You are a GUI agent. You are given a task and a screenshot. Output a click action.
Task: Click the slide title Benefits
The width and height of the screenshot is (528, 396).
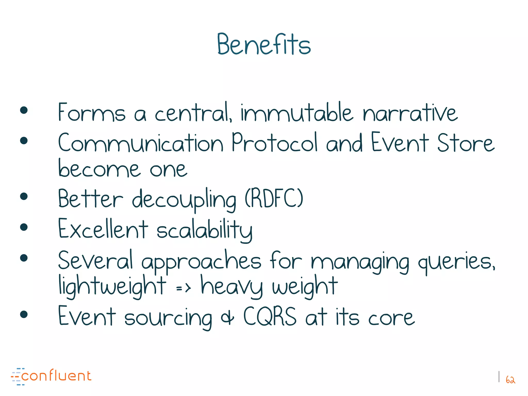pyautogui.click(x=264, y=44)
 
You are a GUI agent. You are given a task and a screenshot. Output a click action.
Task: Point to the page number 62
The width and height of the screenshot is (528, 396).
pyautogui.click(x=510, y=380)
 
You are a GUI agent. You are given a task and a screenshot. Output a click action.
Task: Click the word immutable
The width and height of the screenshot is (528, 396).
pyautogui.click(x=296, y=113)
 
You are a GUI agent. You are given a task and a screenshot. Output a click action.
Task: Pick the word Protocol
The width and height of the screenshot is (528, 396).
pyautogui.click(x=274, y=142)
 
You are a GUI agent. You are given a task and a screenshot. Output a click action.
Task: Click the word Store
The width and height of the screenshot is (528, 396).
pyautogui.click(x=466, y=143)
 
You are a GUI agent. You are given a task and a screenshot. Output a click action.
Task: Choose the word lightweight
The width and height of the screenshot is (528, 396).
pyautogui.click(x=112, y=286)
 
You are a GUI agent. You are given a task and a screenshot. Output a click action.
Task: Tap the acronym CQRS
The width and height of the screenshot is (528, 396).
pyautogui.click(x=270, y=316)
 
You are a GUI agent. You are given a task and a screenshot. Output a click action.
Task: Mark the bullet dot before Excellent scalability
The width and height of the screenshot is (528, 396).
pyautogui.click(x=24, y=227)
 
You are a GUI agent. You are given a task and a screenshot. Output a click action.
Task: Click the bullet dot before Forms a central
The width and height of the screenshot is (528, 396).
pyautogui.click(x=24, y=110)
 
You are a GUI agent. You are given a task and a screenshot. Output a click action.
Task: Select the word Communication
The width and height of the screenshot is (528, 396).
pyautogui.click(x=141, y=143)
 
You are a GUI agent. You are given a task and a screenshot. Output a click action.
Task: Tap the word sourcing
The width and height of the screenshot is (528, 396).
pyautogui.click(x=168, y=318)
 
